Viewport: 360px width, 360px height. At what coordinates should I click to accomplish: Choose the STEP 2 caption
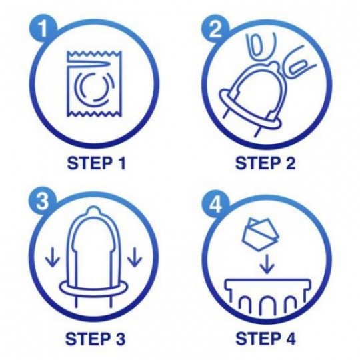pos(265,163)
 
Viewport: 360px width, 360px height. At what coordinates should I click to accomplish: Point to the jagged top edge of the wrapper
pos(93,53)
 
